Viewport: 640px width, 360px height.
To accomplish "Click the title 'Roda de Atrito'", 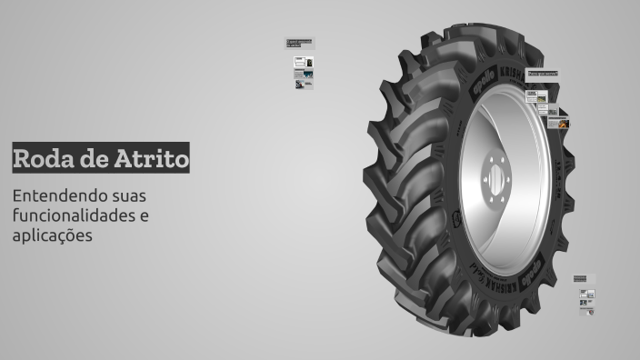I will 101,158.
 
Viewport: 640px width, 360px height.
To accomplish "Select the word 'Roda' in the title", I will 42,158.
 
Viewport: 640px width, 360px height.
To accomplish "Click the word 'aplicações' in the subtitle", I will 53,235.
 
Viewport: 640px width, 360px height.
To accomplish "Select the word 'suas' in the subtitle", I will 128,195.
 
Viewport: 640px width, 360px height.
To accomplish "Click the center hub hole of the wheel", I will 496,179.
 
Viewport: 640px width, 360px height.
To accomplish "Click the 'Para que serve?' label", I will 542,73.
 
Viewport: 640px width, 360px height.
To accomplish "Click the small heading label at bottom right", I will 580,278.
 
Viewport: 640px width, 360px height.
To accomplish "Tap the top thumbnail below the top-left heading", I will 304,63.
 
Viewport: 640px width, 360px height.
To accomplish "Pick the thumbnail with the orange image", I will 564,122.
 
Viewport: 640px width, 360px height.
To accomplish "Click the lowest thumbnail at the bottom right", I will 587,310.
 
